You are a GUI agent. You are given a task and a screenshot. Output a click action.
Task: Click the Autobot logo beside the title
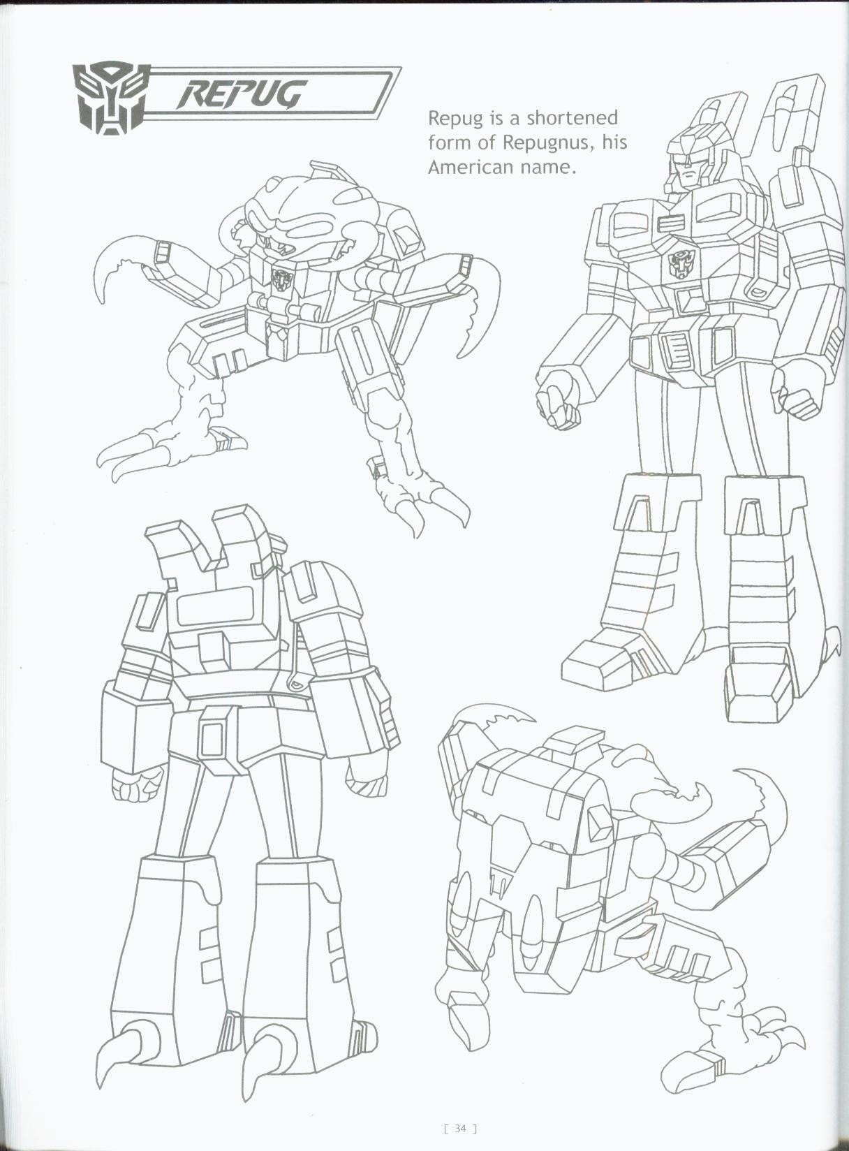[x=110, y=97]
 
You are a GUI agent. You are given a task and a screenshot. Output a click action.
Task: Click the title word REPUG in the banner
[x=241, y=94]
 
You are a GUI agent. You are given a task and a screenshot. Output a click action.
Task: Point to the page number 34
[x=460, y=1127]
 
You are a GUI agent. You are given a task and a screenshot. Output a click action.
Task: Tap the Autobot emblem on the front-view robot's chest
[x=679, y=264]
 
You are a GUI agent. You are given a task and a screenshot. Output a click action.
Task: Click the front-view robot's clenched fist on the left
[x=559, y=398]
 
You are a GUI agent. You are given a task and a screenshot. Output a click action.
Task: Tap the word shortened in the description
[x=573, y=117]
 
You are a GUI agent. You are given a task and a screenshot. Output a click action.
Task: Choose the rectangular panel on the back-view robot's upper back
[x=214, y=605]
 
